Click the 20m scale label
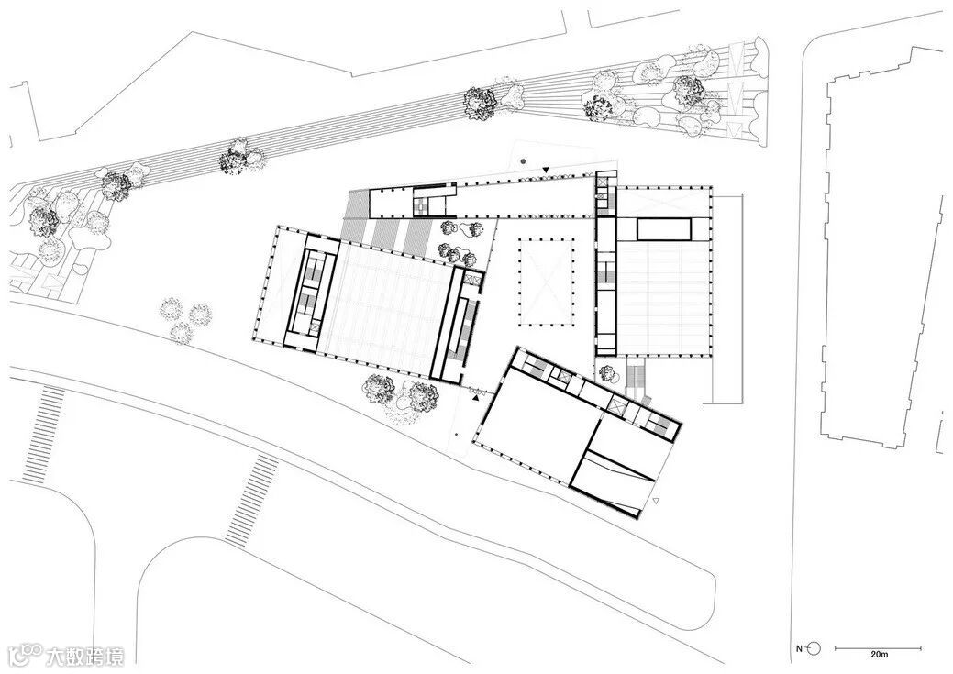click(x=879, y=655)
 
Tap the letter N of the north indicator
click(x=799, y=649)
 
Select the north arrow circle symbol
click(x=815, y=648)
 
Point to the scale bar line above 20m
click(x=878, y=648)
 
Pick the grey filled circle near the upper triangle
click(x=524, y=161)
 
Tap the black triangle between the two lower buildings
click(x=475, y=398)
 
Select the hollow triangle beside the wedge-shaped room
click(x=655, y=502)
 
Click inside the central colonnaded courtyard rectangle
click(x=547, y=282)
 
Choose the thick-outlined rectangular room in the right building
click(x=664, y=229)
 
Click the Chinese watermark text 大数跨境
click(x=85, y=657)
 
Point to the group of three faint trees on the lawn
click(x=183, y=320)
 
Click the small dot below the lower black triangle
click(x=457, y=434)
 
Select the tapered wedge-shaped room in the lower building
click(x=614, y=483)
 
